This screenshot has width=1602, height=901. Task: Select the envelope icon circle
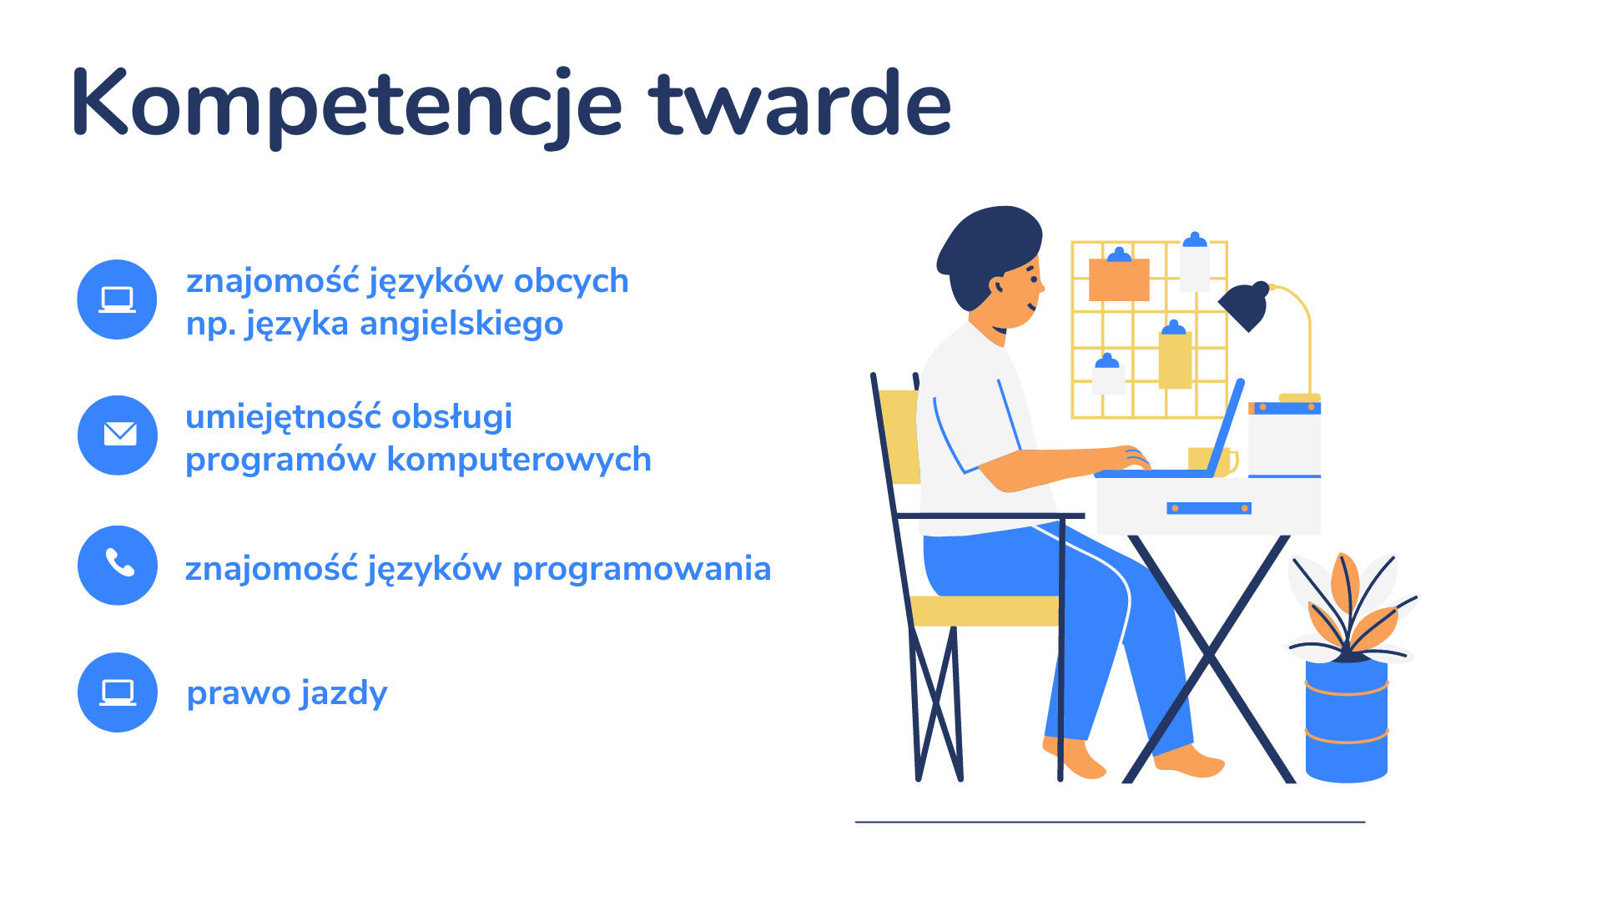[118, 435]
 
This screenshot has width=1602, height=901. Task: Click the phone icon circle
[118, 565]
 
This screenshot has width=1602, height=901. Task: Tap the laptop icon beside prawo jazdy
[118, 692]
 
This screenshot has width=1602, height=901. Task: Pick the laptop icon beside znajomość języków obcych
[117, 299]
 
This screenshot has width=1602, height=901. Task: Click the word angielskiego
[461, 325]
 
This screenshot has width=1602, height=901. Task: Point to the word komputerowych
[519, 460]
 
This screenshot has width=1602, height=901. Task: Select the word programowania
[642, 570]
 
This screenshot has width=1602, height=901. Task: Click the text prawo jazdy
[287, 693]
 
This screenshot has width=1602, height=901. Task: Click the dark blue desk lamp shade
[1245, 305]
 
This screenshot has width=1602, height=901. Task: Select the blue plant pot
[1347, 720]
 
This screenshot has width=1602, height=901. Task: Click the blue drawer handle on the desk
[1209, 508]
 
